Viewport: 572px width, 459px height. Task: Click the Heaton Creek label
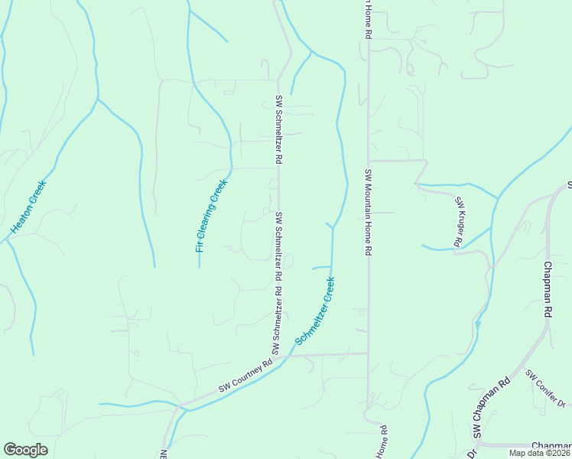(x=29, y=207)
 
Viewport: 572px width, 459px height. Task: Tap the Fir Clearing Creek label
(x=212, y=216)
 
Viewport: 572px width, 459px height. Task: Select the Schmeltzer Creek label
(x=315, y=311)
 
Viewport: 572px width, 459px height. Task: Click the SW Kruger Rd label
(x=459, y=222)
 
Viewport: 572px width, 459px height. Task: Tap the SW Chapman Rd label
(x=491, y=409)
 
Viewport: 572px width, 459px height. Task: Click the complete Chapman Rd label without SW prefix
(x=548, y=290)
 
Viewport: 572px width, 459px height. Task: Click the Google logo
(x=25, y=450)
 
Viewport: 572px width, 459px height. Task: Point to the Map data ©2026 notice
(x=540, y=453)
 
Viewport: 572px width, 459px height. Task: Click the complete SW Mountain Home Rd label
(x=368, y=213)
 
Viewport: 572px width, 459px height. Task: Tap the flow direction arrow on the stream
(x=478, y=324)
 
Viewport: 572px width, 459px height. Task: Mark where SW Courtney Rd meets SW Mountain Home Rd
(x=368, y=353)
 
